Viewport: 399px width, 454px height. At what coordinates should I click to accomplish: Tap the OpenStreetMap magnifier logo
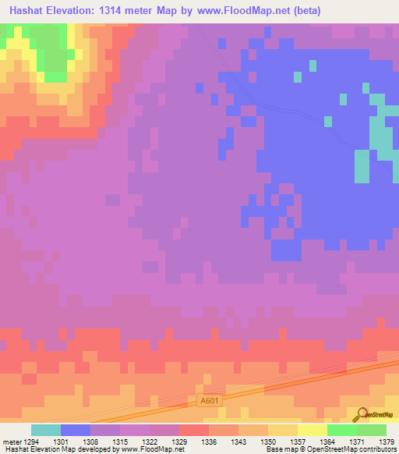click(362, 415)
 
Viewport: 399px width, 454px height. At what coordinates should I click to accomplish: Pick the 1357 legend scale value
click(296, 442)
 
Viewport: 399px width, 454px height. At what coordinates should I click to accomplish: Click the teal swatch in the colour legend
click(45, 430)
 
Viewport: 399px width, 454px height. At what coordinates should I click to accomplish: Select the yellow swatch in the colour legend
click(282, 430)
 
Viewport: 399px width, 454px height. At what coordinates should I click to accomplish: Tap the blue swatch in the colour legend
click(75, 430)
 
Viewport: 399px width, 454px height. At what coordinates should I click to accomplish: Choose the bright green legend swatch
click(341, 430)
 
